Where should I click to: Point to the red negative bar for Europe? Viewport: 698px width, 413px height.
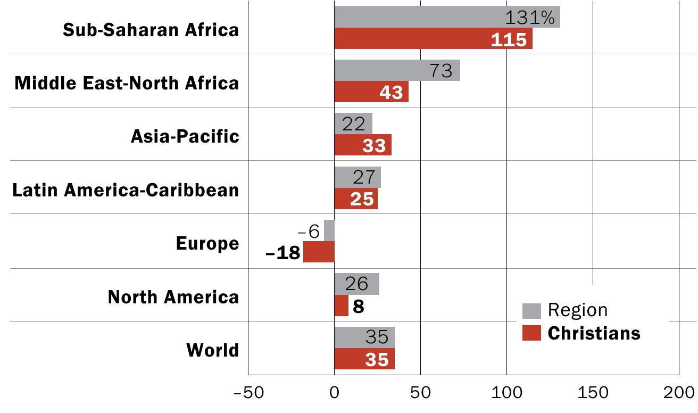319,252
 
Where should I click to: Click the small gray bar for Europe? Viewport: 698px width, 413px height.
329,230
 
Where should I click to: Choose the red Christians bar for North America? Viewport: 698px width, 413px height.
342,305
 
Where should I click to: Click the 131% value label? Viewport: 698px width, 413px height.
530,18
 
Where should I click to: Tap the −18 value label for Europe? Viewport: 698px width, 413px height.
282,252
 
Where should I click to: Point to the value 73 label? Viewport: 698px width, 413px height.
441,71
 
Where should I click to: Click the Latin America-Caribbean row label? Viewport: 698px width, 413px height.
126,189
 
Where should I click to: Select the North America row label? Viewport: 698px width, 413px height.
173,296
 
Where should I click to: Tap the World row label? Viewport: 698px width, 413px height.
212,350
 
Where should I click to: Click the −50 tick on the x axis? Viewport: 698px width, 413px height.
247,393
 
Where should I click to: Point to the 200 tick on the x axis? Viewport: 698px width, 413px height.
679,393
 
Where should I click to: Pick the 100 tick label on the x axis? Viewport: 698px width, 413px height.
506,393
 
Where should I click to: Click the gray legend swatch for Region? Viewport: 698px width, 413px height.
531,311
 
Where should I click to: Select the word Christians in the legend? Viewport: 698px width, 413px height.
594,333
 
